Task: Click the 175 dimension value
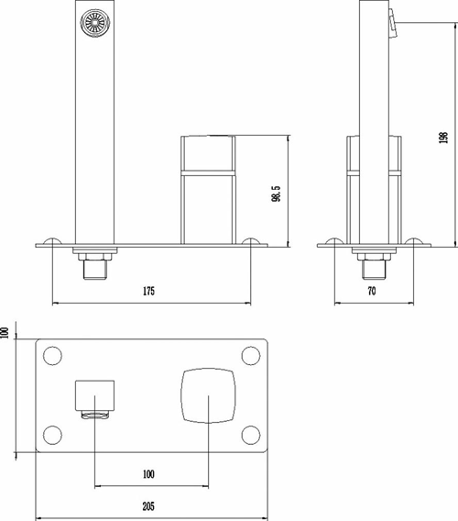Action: pyautogui.click(x=148, y=291)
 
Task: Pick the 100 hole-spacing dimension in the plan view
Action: pyautogui.click(x=149, y=474)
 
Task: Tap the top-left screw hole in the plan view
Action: pyautogui.click(x=52, y=355)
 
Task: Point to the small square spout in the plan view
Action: pyautogui.click(x=96, y=396)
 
